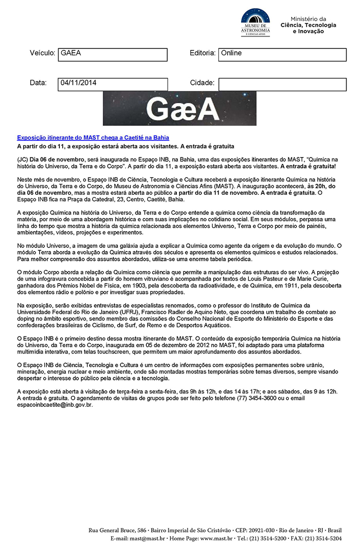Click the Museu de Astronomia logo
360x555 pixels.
coord(256,23)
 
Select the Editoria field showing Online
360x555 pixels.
coord(282,55)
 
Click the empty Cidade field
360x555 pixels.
coord(282,85)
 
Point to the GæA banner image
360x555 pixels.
coord(180,108)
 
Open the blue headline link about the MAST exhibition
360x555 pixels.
coord(93,138)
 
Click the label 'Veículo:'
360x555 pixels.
coord(42,54)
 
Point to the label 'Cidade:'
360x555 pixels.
coord(202,83)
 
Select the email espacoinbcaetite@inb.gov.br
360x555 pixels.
coord(54,405)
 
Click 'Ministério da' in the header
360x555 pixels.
coord(308,19)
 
